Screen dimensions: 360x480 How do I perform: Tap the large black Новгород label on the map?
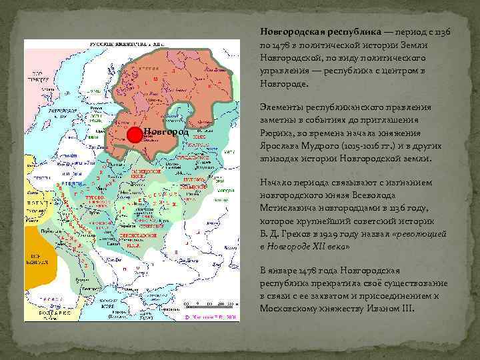[166, 132]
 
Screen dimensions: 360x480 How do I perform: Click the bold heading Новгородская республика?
[320, 32]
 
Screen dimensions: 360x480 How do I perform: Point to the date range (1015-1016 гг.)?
[374, 147]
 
